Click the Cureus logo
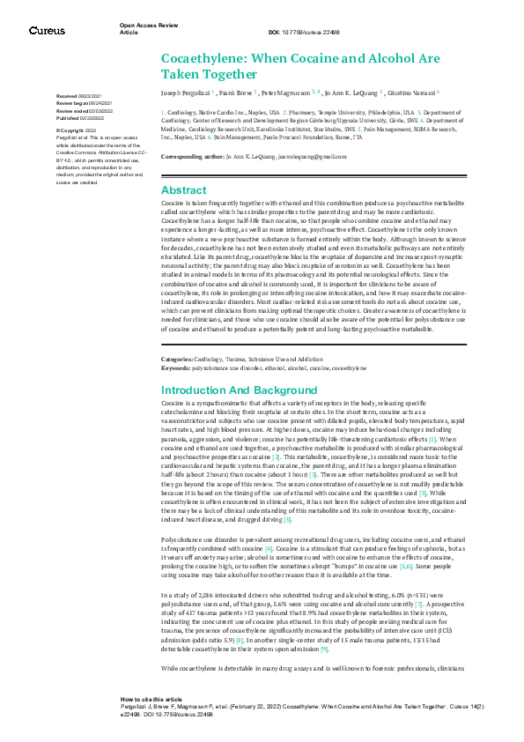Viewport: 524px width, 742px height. [47, 31]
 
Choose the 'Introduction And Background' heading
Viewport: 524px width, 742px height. [233, 390]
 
